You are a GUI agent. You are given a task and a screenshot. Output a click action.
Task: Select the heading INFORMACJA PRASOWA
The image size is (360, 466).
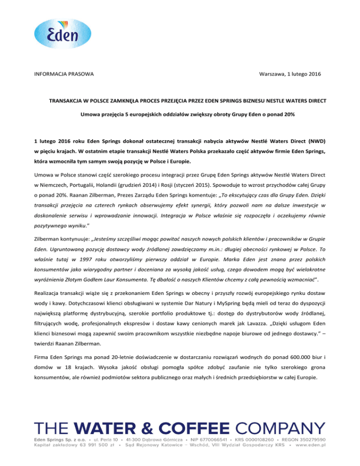pyautogui.click(x=63, y=75)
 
